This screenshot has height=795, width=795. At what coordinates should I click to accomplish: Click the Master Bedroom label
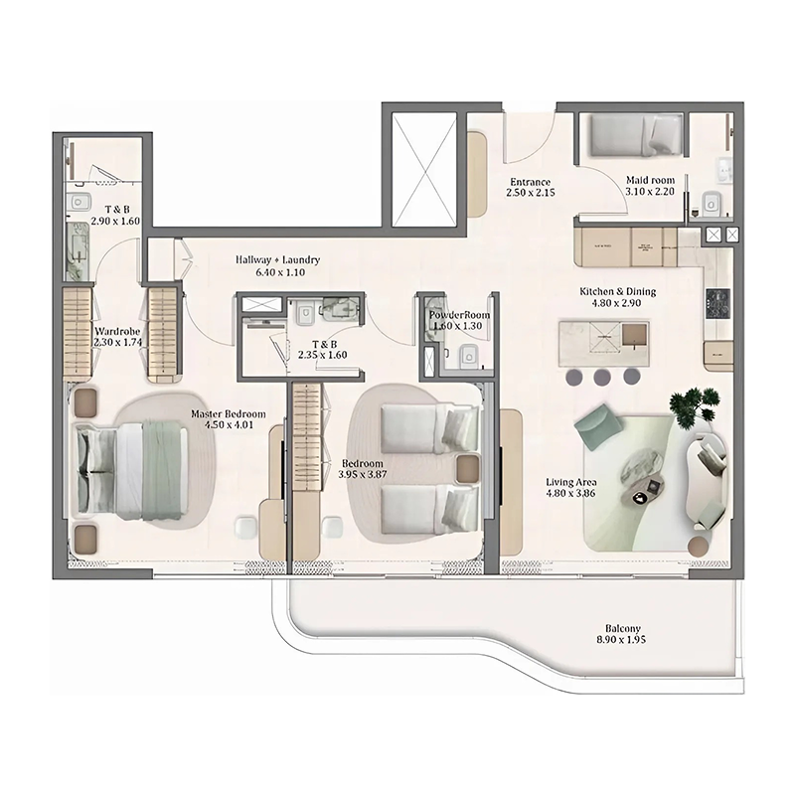click(x=229, y=413)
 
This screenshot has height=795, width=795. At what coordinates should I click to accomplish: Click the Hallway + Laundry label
click(x=278, y=259)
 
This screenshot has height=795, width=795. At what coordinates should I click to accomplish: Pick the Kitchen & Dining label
click(x=618, y=291)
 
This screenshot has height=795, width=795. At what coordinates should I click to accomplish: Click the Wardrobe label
click(x=116, y=330)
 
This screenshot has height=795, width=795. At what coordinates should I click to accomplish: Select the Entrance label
click(x=530, y=182)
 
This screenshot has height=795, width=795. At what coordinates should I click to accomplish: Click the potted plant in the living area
click(x=695, y=405)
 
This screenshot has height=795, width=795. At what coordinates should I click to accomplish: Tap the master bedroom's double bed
click(x=134, y=469)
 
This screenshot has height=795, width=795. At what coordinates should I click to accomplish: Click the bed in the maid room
click(x=631, y=136)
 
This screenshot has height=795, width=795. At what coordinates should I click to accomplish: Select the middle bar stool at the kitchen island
click(x=602, y=377)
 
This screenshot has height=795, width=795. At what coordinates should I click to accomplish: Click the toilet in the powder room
click(x=471, y=356)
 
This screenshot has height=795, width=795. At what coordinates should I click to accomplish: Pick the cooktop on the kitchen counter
click(x=717, y=303)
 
